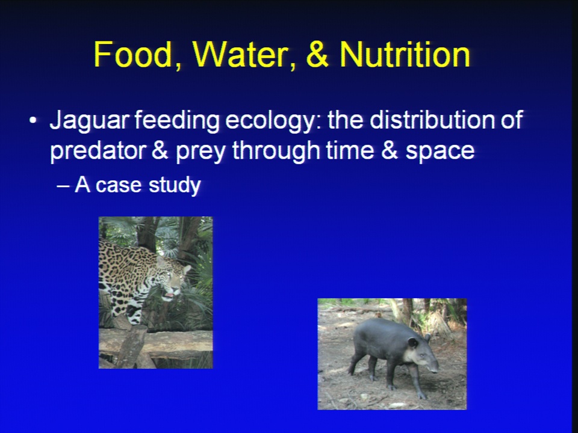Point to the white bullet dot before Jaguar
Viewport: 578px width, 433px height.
pyautogui.click(x=33, y=120)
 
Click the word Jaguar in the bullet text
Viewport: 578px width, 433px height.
pyautogui.click(x=90, y=121)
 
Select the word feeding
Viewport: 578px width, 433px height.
pyautogui.click(x=177, y=121)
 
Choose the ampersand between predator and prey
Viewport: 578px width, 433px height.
pyautogui.click(x=160, y=150)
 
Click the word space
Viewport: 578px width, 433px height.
pyautogui.click(x=440, y=152)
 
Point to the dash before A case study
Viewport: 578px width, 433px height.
pyautogui.click(x=63, y=186)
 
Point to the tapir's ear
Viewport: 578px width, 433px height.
pyautogui.click(x=413, y=343)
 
